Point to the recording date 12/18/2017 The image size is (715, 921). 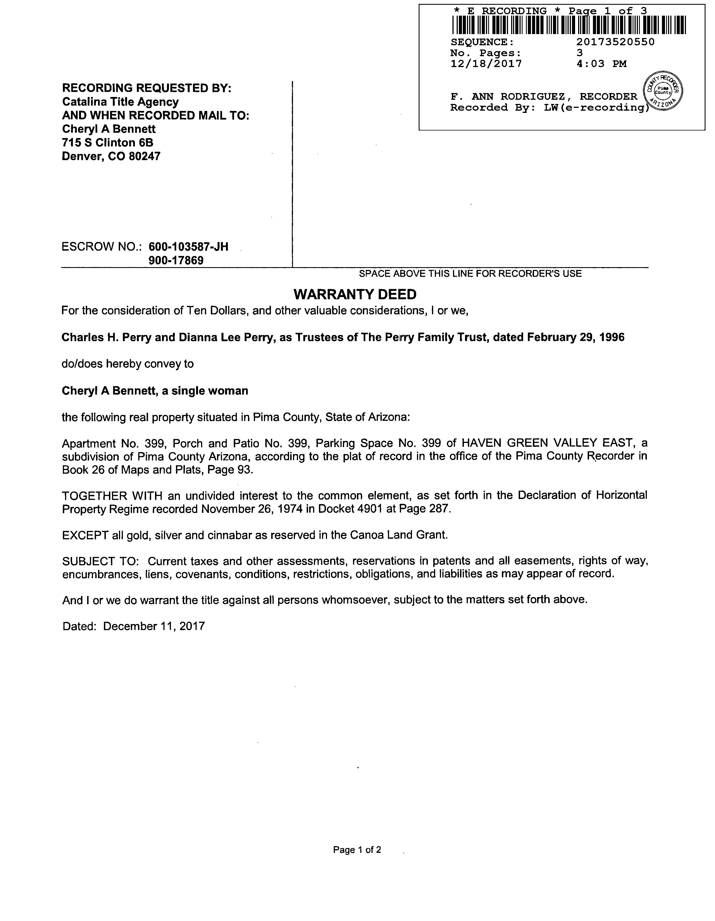coord(486,64)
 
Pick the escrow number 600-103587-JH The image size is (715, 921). coord(189,247)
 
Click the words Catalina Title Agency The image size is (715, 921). coord(120,102)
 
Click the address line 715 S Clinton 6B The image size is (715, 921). coord(108,143)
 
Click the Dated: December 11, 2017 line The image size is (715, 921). coord(134,626)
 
